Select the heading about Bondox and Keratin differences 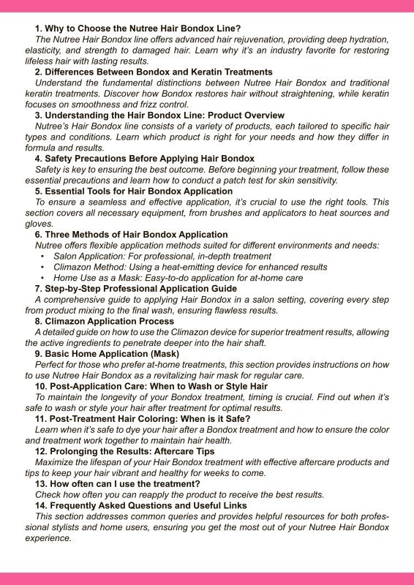(154, 72)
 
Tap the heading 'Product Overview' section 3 (159, 116)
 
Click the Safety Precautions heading (144, 158)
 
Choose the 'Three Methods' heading (131, 235)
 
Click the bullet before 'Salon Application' (43, 257)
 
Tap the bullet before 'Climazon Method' (43, 268)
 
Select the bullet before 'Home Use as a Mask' (43, 278)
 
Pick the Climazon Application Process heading (104, 321)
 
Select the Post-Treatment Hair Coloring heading (143, 418)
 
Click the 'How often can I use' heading (117, 484)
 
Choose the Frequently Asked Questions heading (140, 505)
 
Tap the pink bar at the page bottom (207, 578)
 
